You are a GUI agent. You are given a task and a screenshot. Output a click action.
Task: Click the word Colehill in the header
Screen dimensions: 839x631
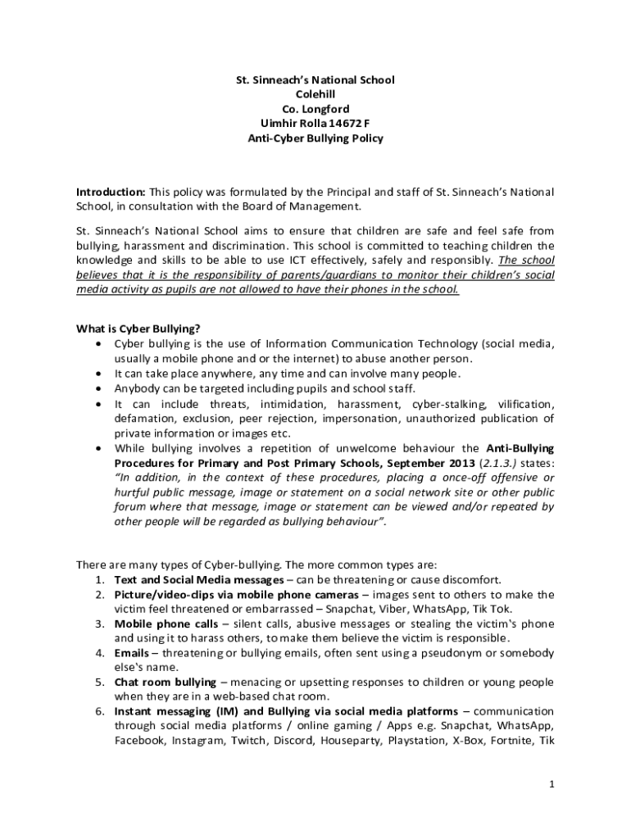tap(315, 94)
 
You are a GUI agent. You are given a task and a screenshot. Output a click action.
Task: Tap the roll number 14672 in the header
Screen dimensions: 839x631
tap(336, 124)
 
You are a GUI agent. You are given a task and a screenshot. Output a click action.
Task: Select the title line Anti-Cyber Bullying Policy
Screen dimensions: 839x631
tap(315, 138)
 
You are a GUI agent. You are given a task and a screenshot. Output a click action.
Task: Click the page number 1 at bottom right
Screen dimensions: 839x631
tap(552, 784)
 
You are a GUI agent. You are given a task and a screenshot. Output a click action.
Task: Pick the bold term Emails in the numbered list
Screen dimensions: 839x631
tap(132, 653)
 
